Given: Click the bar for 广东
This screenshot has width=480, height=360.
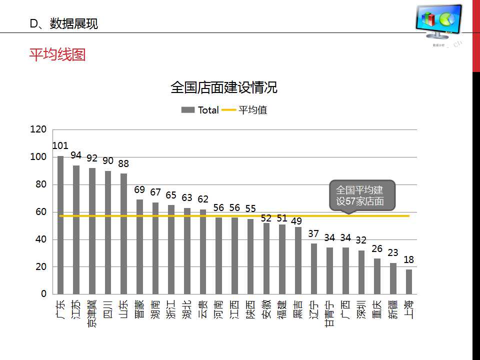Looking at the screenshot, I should [x=60, y=225].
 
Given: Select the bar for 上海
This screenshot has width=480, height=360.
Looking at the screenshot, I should [x=409, y=281].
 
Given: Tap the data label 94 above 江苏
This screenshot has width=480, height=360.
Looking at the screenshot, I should [x=76, y=155].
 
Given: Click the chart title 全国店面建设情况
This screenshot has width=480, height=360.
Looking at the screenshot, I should [x=223, y=88].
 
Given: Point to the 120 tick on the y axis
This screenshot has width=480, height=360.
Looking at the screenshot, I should [x=38, y=129].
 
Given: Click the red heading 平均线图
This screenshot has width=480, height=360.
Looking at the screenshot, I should [x=57, y=54].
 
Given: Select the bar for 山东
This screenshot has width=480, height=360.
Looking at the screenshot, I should [x=123, y=233].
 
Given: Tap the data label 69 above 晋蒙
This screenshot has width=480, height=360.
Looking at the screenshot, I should [x=139, y=190].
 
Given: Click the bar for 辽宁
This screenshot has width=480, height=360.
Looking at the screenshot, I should [x=314, y=268].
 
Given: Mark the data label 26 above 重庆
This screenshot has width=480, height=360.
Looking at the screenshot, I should [x=377, y=248].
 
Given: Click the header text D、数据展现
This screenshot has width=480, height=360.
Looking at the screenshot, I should [x=63, y=23].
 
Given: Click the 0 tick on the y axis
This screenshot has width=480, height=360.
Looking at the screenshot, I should [x=43, y=294].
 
